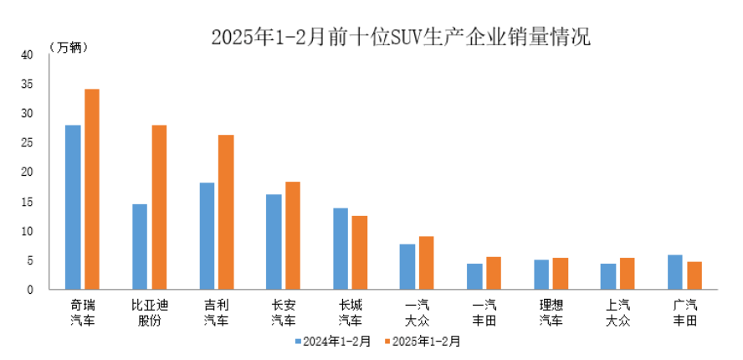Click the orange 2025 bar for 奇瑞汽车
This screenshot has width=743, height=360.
pyautogui.click(x=92, y=189)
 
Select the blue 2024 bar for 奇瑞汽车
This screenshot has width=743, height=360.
pyautogui.click(x=73, y=207)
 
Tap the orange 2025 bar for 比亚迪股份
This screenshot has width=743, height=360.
pyautogui.click(x=159, y=207)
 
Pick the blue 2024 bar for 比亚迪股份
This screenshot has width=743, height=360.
pyautogui.click(x=140, y=247)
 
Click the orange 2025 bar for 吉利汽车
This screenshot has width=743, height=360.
pyautogui.click(x=226, y=212)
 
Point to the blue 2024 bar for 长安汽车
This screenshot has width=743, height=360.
pyautogui.click(x=274, y=242)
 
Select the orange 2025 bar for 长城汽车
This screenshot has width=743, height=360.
pyautogui.click(x=360, y=253)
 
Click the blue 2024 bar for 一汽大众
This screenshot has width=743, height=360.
pyautogui.click(x=407, y=266)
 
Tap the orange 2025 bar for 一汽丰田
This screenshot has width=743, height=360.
pyautogui.click(x=494, y=273)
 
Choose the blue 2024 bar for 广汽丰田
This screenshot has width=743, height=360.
pyautogui.click(x=675, y=272)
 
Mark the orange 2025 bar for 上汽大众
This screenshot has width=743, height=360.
pyautogui.click(x=628, y=274)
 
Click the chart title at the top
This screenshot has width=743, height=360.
pyautogui.click(x=400, y=38)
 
